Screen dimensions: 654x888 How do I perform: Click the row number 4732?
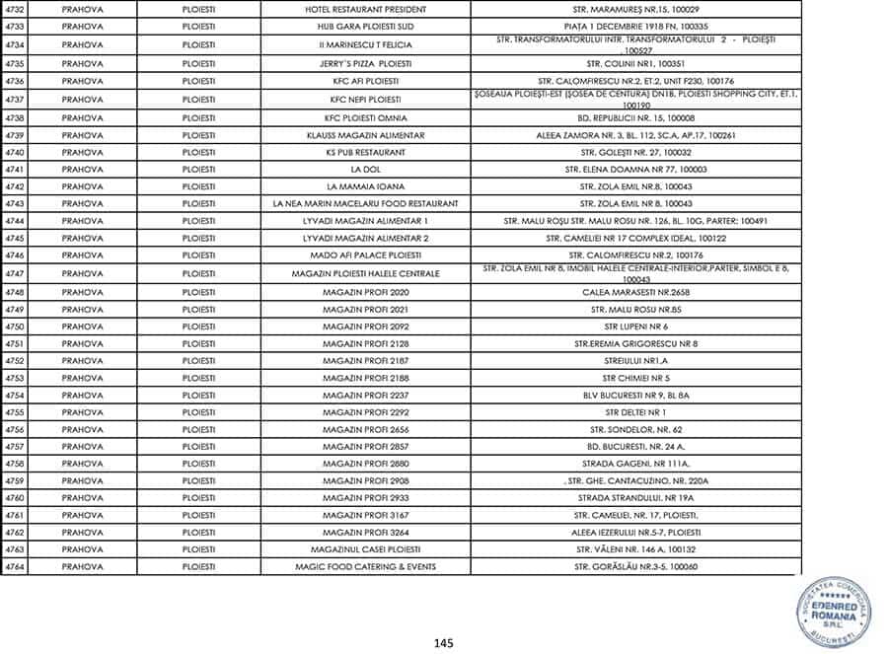point(14,11)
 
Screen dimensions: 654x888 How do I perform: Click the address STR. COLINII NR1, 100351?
point(636,62)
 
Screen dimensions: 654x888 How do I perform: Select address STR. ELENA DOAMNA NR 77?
point(636,170)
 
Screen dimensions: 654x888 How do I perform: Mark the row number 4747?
point(14,273)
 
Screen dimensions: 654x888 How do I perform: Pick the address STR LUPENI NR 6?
point(636,327)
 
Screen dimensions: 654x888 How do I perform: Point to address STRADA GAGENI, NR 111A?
point(636,464)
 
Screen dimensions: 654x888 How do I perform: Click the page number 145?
point(443,643)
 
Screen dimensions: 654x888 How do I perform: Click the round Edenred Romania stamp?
point(834,611)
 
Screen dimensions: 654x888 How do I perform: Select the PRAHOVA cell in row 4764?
point(82,567)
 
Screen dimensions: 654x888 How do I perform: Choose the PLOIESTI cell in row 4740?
point(198,152)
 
